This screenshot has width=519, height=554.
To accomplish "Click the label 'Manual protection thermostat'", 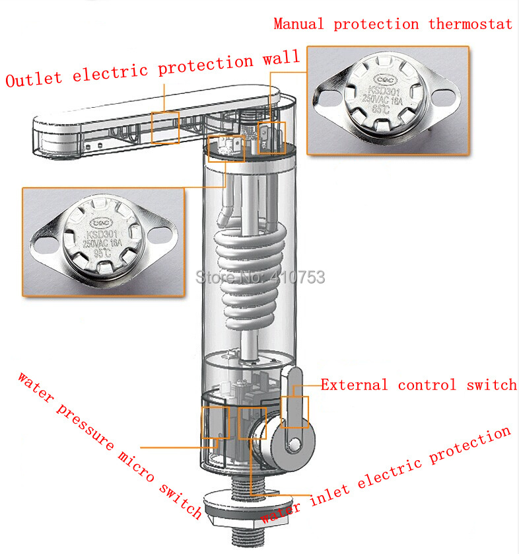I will (x=393, y=24).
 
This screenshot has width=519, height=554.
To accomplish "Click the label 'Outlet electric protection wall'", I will (x=152, y=69).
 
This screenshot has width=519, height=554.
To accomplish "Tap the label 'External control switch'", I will (x=419, y=385).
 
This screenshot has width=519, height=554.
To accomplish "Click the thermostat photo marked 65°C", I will (x=388, y=100).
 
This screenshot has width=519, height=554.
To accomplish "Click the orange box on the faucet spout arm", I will (x=165, y=127).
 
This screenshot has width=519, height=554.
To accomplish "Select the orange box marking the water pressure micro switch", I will (x=216, y=422).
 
